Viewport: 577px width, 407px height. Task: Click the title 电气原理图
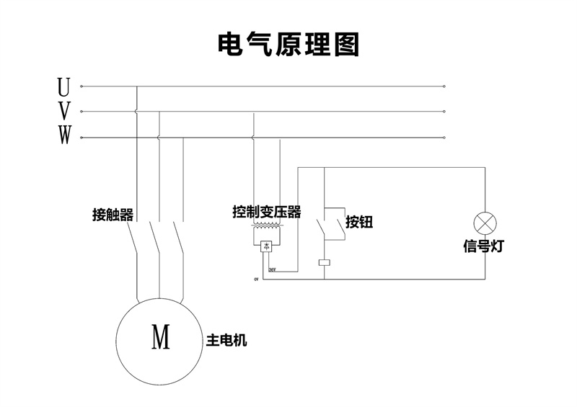pos(288,45)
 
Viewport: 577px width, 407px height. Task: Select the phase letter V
pos(64,111)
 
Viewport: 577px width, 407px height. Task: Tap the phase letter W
pos(64,135)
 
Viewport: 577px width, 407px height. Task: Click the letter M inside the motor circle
pos(161,336)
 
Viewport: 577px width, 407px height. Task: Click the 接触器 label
pos(113,214)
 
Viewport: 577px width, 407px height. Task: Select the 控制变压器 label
pos(267,213)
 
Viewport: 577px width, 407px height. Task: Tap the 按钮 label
pos(358,222)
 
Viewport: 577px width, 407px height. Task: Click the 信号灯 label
pos(483,246)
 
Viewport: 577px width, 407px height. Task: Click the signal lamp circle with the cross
pos(483,222)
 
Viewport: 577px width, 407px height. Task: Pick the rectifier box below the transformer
pos(266,246)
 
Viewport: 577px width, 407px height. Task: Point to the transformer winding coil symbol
pos(266,226)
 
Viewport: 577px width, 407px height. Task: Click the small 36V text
pos(272,270)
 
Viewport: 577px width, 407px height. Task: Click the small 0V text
pos(255,279)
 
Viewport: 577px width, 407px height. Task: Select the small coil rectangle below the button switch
pos(325,261)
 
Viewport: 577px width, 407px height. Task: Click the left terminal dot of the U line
pos(82,86)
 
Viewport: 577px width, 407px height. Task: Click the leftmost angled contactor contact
pos(133,235)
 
